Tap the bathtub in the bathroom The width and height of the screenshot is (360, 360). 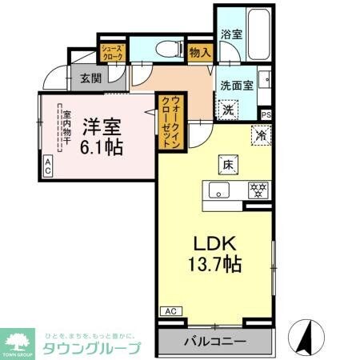tap(258, 37)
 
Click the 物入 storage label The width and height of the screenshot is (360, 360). tap(200, 53)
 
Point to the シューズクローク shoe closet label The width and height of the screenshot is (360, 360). tap(110, 54)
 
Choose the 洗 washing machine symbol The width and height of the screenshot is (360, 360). tap(229, 110)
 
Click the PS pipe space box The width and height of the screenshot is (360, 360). tap(266, 114)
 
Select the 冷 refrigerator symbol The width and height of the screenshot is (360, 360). tap(260, 135)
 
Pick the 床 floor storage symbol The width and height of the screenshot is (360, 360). tap(227, 166)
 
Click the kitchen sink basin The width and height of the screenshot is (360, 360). tap(218, 190)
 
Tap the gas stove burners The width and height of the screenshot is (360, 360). tap(258, 190)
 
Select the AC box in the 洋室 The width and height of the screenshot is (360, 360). tap(47, 166)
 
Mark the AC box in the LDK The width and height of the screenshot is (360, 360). tap(170, 310)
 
